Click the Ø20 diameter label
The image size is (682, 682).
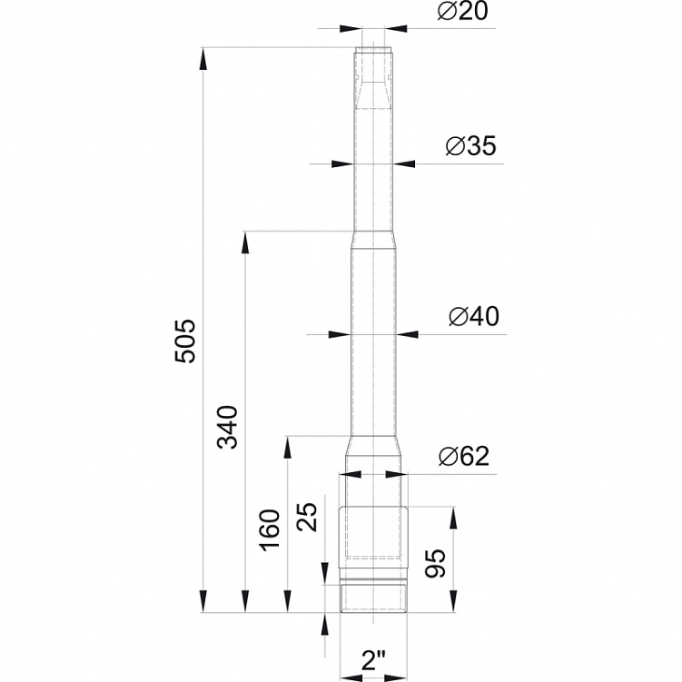[x=463, y=11]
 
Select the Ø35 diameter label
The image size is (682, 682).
[x=470, y=146]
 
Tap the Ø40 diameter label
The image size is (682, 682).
[x=474, y=316]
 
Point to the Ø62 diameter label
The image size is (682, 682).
[x=464, y=456]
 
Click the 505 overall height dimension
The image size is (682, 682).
[x=185, y=341]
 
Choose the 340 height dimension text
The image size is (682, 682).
[x=227, y=427]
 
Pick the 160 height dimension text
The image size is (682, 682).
[x=270, y=529]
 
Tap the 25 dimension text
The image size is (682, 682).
[x=307, y=517]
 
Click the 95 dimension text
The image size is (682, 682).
[x=435, y=563]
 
